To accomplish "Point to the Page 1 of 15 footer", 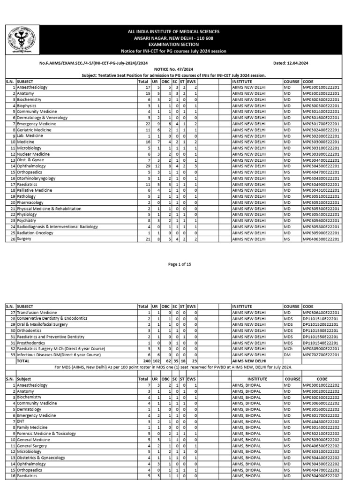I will pyautogui.click(x=180, y=264).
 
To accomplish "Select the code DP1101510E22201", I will pyautogui.click(x=322, y=318).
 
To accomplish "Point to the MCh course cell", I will pyautogui.click(x=288, y=349).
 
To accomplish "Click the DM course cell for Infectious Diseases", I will pyautogui.click(x=287, y=355).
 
